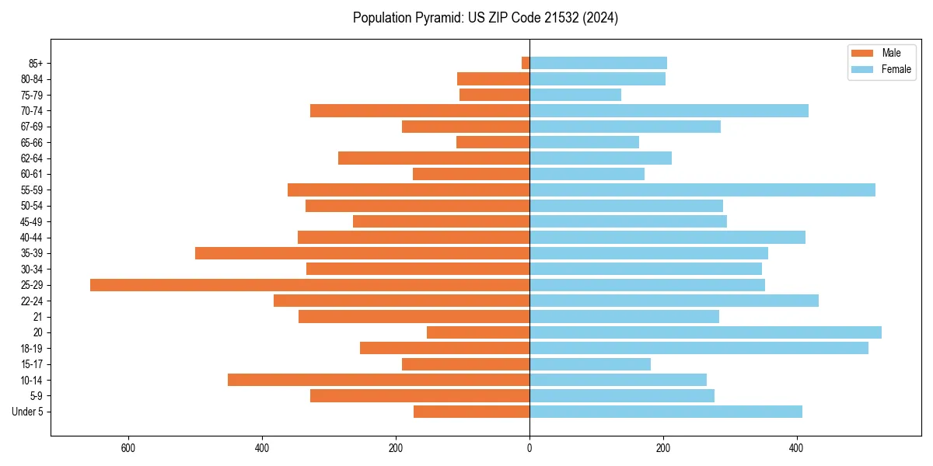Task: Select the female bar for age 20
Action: click(x=705, y=332)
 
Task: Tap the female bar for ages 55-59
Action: click(x=702, y=190)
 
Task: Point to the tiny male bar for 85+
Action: click(x=526, y=63)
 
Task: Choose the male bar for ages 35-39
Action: click(x=362, y=253)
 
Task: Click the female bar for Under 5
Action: click(x=666, y=412)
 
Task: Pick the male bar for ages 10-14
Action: click(x=379, y=380)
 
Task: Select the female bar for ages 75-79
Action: click(x=575, y=95)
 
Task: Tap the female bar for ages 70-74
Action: click(x=669, y=111)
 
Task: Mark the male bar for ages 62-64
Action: click(x=434, y=158)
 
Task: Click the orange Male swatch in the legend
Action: click(x=862, y=54)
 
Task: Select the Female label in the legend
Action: click(x=896, y=69)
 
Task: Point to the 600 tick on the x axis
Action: click(x=128, y=448)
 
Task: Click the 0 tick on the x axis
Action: click(x=529, y=448)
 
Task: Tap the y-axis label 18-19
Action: click(x=32, y=349)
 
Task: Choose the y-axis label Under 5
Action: click(x=27, y=412)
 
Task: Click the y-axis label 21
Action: click(x=37, y=317)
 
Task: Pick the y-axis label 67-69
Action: click(x=32, y=127)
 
